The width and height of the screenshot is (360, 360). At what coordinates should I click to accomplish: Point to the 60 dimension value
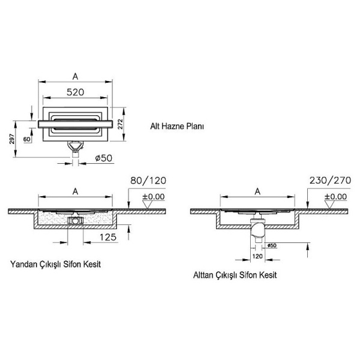[x=26, y=139]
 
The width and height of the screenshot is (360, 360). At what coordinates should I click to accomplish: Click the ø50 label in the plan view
[x=104, y=158]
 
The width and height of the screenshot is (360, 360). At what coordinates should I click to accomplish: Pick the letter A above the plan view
[x=75, y=76]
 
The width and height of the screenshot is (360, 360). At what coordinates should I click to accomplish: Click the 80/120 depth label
[x=147, y=181]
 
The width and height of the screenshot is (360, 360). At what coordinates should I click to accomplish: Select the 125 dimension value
[x=107, y=238]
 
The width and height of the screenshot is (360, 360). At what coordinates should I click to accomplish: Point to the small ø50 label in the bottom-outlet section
[x=271, y=246]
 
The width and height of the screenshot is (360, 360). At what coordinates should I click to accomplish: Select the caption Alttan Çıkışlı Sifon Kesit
[x=235, y=276]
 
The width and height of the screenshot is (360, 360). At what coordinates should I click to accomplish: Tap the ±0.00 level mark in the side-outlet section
[x=153, y=196]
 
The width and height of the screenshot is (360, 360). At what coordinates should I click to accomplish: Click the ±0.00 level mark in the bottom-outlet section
[x=334, y=196]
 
